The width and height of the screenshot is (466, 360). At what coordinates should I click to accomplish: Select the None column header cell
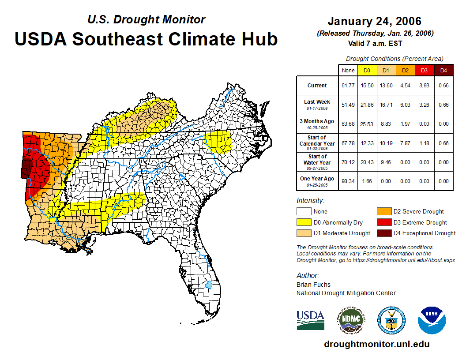pos(349,71)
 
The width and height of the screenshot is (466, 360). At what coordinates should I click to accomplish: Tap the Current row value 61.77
pos(349,86)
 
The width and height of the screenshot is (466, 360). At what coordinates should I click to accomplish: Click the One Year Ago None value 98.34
pos(349,181)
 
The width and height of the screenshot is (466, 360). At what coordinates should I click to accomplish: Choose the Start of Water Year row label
pos(317,162)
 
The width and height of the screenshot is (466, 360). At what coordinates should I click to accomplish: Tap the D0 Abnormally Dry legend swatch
pos(304,222)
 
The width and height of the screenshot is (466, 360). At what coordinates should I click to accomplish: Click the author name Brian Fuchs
pos(313,285)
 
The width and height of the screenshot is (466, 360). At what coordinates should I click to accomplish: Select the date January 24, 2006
pos(375,21)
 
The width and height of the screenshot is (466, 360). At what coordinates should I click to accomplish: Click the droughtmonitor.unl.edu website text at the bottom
pos(376,344)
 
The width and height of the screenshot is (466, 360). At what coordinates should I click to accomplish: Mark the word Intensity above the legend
pos(310,201)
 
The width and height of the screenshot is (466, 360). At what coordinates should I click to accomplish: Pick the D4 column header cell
pos(443,71)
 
